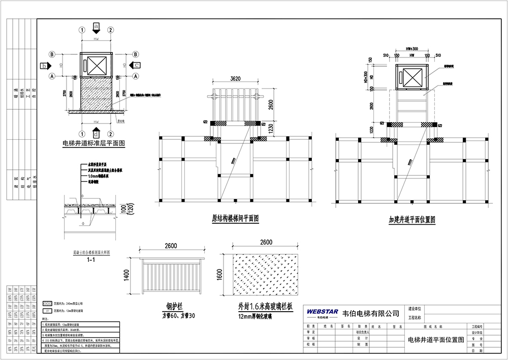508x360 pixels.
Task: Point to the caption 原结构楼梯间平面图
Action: pyautogui.click(x=235, y=219)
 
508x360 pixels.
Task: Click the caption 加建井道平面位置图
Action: pyautogui.click(x=412, y=220)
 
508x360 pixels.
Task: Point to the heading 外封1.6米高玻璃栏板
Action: pyautogui.click(x=265, y=306)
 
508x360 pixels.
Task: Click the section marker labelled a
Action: pyautogui.click(x=97, y=25)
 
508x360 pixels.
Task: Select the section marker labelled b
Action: pyautogui.click(x=45, y=66)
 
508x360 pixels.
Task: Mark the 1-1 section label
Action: pyautogui.click(x=91, y=260)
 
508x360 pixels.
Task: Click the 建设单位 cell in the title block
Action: pyautogui.click(x=416, y=309)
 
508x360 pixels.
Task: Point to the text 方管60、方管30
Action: pyautogui.click(x=174, y=316)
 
